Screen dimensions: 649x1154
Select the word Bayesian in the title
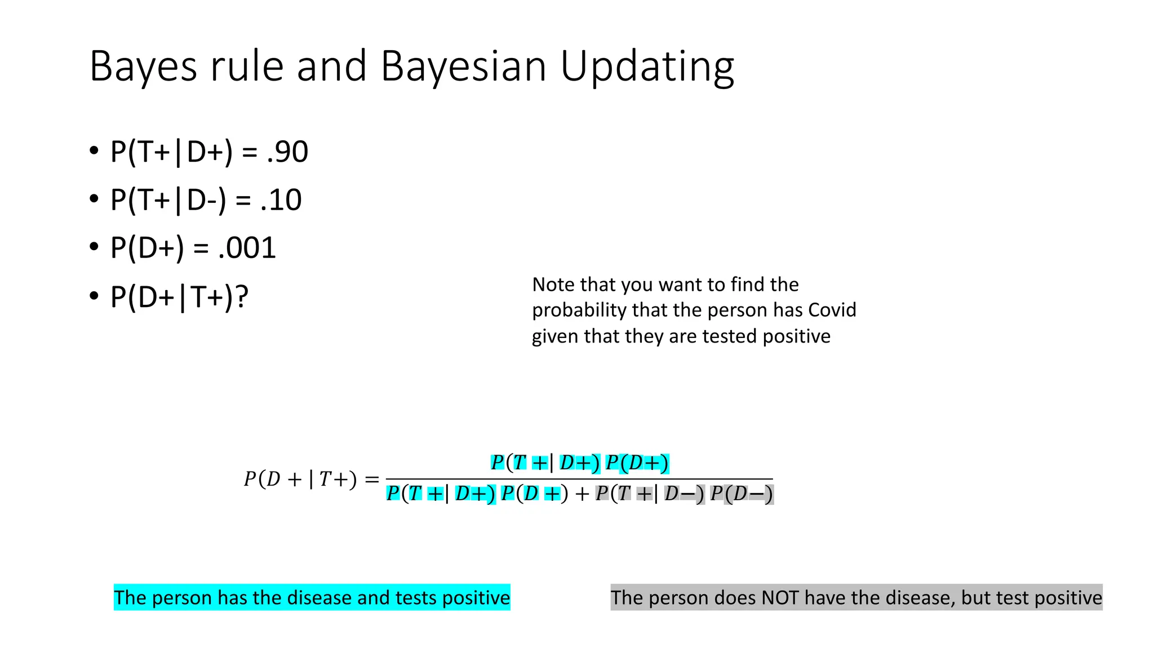463,66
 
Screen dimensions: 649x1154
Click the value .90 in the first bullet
287,152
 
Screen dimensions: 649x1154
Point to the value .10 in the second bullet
281,200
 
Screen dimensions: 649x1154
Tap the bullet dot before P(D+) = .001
94,247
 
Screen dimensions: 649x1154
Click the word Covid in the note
832,310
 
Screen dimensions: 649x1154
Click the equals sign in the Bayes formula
372,479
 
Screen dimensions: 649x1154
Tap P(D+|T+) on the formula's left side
300,479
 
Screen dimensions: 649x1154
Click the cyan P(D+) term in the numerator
637,463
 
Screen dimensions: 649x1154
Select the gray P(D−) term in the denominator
742,494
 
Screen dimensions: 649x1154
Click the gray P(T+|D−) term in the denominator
650,494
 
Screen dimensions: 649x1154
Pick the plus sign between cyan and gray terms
582,495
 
